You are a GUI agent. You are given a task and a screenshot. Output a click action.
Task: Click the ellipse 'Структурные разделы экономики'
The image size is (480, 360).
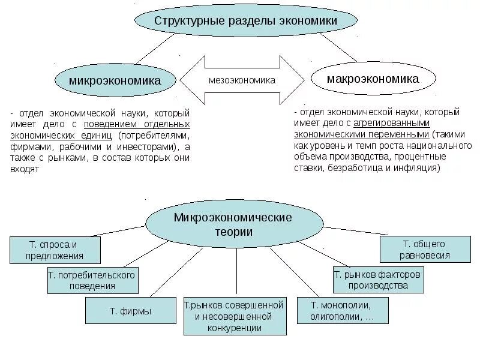pyautogui.click(x=246, y=21)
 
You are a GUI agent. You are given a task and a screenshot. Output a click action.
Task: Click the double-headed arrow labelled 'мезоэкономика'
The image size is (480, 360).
pyautogui.click(x=242, y=80)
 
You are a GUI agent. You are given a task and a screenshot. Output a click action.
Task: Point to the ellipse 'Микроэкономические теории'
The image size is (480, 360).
pyautogui.click(x=233, y=224)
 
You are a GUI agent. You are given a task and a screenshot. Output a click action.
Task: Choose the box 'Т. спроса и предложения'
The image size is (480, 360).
pyautogui.click(x=55, y=250)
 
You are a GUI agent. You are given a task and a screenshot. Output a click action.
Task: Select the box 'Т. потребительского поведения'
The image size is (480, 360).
pyautogui.click(x=92, y=280)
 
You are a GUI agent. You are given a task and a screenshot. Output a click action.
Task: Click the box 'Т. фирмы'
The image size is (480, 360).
pyautogui.click(x=130, y=311)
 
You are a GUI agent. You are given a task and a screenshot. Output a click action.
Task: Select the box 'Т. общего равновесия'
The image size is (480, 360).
pyautogui.click(x=425, y=250)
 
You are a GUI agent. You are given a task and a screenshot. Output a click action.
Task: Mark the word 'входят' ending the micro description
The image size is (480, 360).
pyautogui.click(x=25, y=170)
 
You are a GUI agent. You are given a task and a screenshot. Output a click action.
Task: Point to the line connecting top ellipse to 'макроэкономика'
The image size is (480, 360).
pyautogui.click(x=337, y=47)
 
